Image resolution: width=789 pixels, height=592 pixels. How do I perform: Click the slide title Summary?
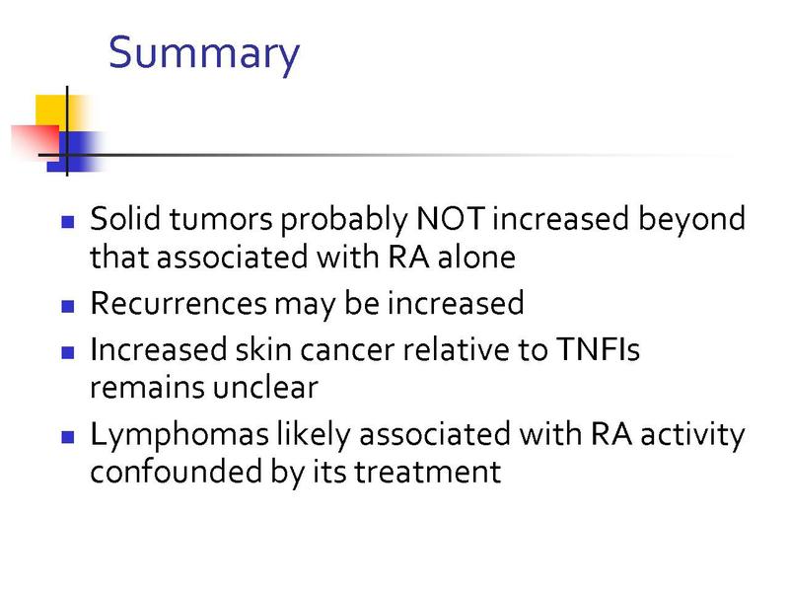204,54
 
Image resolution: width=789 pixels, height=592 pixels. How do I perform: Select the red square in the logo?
36,141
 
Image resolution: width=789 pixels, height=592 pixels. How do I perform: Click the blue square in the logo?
76,152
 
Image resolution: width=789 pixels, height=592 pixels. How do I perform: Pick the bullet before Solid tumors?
67,222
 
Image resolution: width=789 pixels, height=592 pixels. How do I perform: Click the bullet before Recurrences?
67,306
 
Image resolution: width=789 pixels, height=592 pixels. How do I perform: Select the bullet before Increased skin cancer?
67,352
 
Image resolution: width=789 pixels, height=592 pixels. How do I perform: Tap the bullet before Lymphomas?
67,436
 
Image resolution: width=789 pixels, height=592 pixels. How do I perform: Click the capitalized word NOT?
451,218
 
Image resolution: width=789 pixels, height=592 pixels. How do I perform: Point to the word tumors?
221,219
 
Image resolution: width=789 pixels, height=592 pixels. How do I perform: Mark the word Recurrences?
179,304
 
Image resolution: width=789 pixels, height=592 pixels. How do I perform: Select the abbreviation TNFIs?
598,349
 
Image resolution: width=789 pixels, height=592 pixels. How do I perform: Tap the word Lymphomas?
179,435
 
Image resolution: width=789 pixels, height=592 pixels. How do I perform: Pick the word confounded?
177,472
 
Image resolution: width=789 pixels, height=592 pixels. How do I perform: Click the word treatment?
428,473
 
